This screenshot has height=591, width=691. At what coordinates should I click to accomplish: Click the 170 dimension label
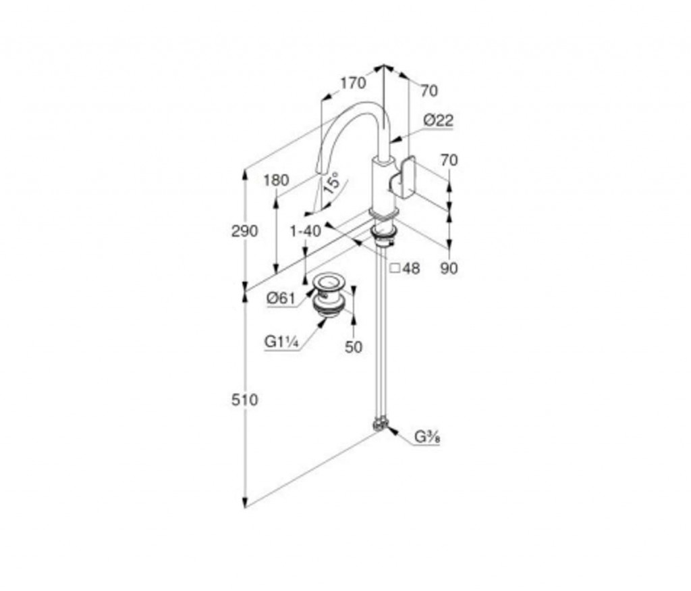pyautogui.click(x=353, y=82)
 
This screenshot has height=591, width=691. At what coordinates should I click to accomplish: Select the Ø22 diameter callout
pyautogui.click(x=438, y=120)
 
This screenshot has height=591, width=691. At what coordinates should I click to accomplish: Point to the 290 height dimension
pyautogui.click(x=244, y=231)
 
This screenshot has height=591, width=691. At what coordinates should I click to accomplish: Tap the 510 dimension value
pyautogui.click(x=244, y=400)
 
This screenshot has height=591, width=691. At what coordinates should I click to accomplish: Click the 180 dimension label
pyautogui.click(x=276, y=180)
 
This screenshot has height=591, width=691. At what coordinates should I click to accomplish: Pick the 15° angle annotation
pyautogui.click(x=331, y=183)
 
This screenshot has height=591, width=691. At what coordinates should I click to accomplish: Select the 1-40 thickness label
pyautogui.click(x=306, y=231)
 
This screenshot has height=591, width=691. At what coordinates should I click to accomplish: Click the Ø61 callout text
pyautogui.click(x=281, y=298)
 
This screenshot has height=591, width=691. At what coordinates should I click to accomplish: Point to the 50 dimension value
pyautogui.click(x=354, y=347)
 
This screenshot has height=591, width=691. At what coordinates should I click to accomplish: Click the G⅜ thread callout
pyautogui.click(x=427, y=437)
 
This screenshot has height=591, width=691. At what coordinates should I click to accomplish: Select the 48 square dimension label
pyautogui.click(x=406, y=267)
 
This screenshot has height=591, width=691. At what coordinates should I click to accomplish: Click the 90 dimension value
pyautogui.click(x=449, y=267)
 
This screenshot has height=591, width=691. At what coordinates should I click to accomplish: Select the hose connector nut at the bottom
pyautogui.click(x=380, y=423)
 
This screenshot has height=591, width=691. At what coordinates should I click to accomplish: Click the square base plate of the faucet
pyautogui.click(x=384, y=213)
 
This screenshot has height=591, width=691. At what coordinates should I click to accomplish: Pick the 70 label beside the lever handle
pyautogui.click(x=449, y=159)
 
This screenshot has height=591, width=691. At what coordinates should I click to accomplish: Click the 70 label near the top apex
pyautogui.click(x=429, y=91)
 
